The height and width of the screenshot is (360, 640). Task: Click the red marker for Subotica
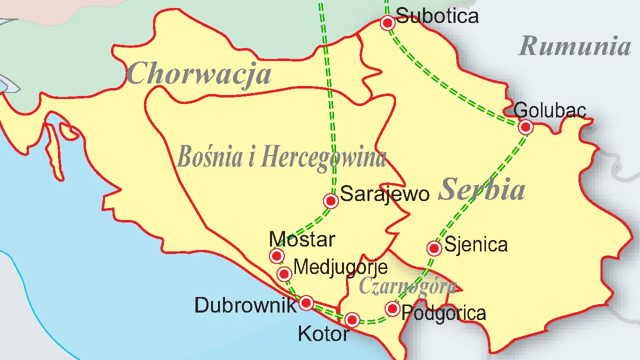coord(387,22)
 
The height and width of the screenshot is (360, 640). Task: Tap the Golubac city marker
coord(525,127)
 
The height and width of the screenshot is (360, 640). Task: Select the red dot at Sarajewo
coord(330,201)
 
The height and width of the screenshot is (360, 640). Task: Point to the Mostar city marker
coord(276,256)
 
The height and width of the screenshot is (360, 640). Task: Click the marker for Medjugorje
coord(284,273)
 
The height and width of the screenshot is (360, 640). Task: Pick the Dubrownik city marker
coord(306,302)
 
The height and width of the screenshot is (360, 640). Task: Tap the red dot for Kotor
coord(352,319)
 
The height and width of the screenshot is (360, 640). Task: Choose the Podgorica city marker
coord(392,308)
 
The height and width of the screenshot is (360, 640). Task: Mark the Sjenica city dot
coord(434,248)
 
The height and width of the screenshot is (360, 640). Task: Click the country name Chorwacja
coord(198,74)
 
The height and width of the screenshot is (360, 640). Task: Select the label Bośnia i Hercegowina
coord(281,157)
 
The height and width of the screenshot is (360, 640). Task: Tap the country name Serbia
coord(481,190)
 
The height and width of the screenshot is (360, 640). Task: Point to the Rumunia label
coord(575,46)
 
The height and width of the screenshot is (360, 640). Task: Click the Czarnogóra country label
coord(407,286)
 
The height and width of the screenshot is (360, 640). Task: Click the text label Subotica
coord(437,16)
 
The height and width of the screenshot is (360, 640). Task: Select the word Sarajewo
coord(384,194)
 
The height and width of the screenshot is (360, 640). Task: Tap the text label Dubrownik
coord(245,305)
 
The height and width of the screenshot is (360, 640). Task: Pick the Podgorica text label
coord(443,313)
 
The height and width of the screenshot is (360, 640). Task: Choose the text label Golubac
coord(549,109)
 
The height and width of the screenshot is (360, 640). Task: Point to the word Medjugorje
coord(340,267)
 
